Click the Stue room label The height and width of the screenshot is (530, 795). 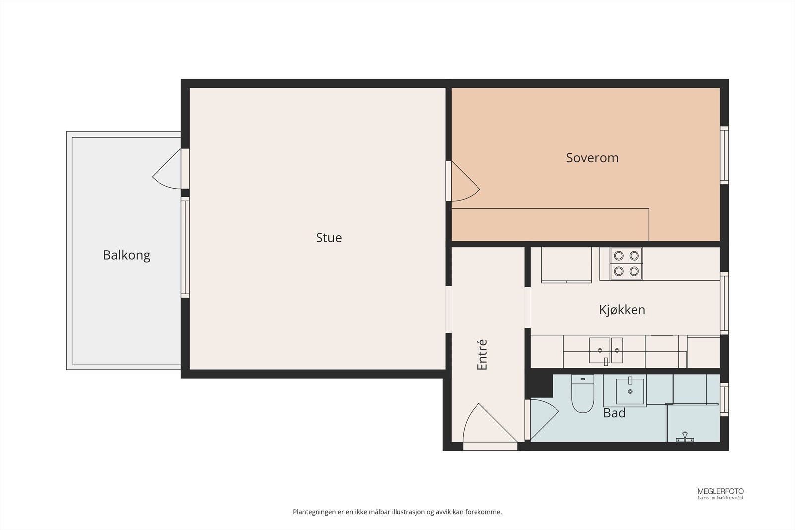[329, 238]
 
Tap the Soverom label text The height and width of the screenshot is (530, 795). [592, 158]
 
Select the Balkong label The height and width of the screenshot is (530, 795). [126, 255]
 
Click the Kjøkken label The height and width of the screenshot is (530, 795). [622, 310]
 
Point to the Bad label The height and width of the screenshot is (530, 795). [614, 413]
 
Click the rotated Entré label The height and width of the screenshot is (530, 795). [482, 355]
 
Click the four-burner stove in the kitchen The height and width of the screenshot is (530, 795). [626, 263]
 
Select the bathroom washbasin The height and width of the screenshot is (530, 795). [630, 391]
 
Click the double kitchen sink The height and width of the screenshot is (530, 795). [606, 350]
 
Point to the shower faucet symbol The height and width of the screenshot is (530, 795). [685, 438]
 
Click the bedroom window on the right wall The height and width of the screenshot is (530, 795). [724, 155]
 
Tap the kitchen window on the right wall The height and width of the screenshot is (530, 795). [724, 303]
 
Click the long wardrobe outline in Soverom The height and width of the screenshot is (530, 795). [550, 225]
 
